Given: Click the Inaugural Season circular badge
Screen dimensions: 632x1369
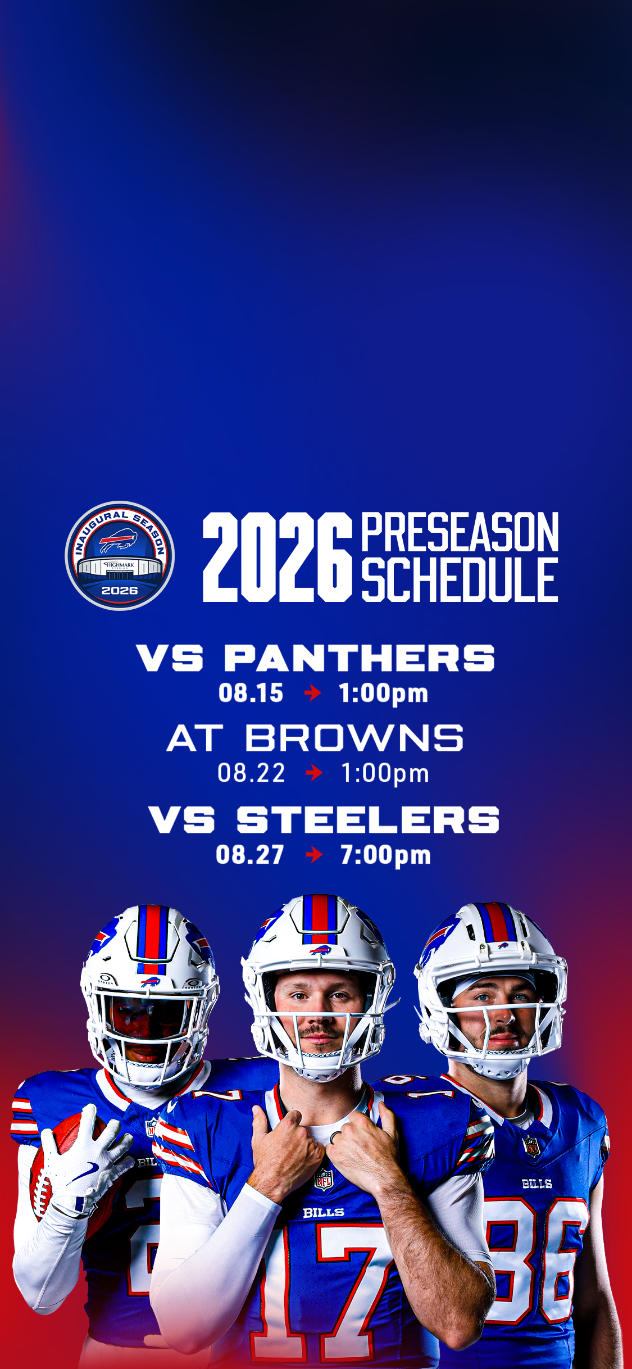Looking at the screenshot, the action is point(120,555).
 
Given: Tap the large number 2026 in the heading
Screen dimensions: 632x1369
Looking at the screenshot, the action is point(278,557).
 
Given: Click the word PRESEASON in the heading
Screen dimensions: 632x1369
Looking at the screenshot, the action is point(460,532).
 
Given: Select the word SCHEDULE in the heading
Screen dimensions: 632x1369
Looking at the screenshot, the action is point(460,580).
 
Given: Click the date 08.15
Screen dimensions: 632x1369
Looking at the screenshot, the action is point(251,693).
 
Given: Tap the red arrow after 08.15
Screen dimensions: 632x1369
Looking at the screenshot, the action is point(313,693).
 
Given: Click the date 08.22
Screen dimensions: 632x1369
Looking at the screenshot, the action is point(251,773).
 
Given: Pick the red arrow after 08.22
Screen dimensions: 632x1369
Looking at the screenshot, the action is point(314,774).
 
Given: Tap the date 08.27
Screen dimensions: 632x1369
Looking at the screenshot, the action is point(250,855).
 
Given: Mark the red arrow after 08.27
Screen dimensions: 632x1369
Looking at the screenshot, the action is point(314,855).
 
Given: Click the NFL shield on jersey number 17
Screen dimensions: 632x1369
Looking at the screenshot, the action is point(324,1180).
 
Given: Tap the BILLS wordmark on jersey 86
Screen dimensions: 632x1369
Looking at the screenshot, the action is point(537,1183).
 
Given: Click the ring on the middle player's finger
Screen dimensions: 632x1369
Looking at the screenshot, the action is point(335,1136).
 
